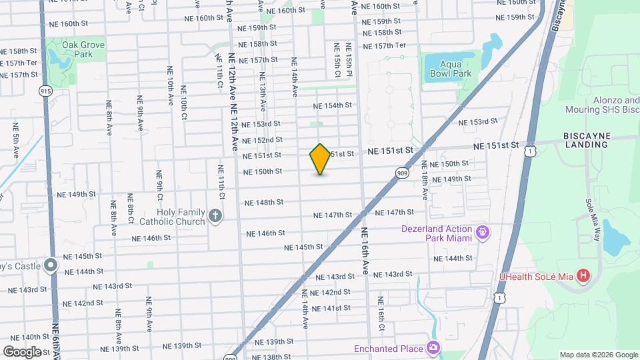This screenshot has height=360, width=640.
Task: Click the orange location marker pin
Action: [321, 159]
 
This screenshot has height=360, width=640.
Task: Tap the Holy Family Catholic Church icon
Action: [215, 216]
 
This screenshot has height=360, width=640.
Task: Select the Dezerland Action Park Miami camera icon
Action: [483, 233]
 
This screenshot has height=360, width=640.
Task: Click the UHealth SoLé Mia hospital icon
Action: [583, 275]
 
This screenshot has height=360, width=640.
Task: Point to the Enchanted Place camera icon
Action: [433, 348]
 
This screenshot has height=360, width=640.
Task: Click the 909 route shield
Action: [402, 173]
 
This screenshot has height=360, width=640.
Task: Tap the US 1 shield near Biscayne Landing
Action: [529, 153]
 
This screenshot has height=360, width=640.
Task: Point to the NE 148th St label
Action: [263, 202]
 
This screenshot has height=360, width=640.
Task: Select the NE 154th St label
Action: [333, 105]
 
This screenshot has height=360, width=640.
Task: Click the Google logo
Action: [22, 351]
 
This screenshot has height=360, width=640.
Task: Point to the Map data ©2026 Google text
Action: [598, 355]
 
